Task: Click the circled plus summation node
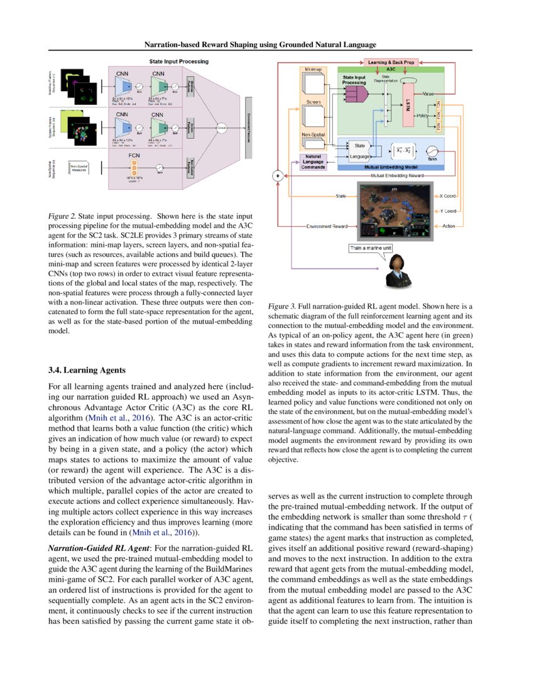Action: pos(277,177)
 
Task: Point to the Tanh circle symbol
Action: pos(432,151)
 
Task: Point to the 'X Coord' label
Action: pos(449,196)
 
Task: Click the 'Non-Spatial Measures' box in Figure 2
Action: pos(79,168)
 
